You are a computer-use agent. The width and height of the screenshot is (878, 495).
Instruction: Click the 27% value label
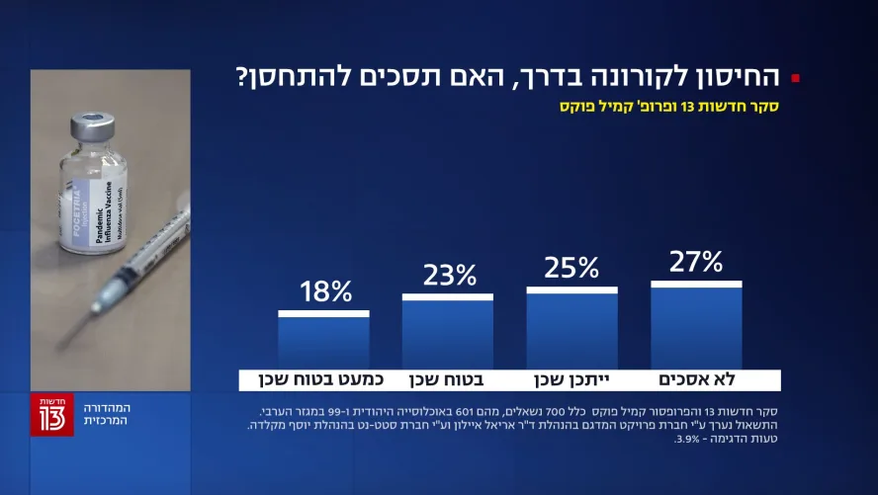click(x=696, y=262)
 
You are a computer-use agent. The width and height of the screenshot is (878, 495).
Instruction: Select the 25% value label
click(x=571, y=268)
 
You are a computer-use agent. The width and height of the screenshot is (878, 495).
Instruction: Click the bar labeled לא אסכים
click(x=696, y=326)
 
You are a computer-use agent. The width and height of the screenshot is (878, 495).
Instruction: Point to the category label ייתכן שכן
click(x=571, y=380)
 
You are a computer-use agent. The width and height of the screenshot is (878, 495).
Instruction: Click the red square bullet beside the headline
click(x=796, y=78)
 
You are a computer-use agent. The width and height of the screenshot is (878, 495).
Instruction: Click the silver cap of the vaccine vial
click(x=93, y=128)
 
